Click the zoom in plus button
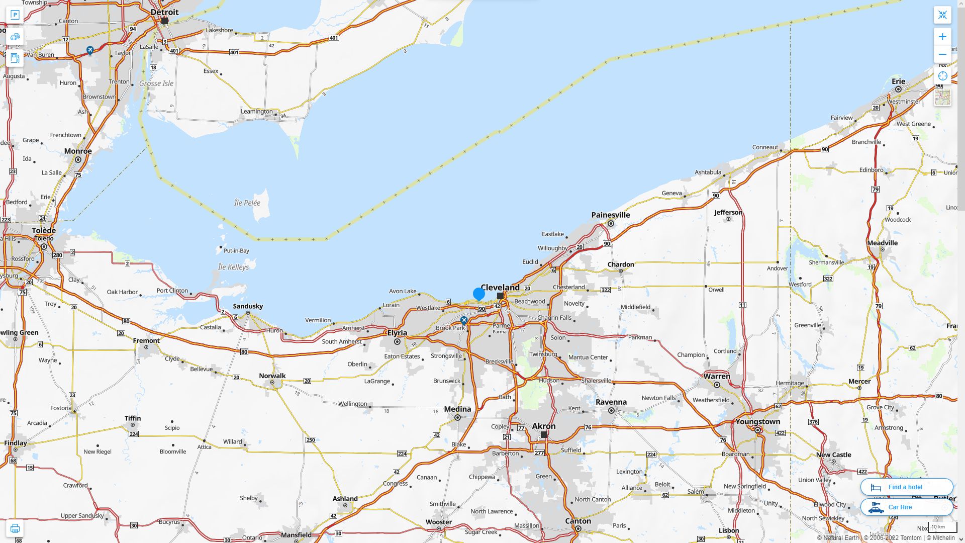[x=942, y=37]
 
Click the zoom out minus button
[x=942, y=54]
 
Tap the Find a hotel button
[x=906, y=487]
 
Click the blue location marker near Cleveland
[x=479, y=294]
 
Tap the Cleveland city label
[x=500, y=287]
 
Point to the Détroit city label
[x=164, y=12]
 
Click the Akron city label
[x=544, y=426]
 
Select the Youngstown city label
[x=757, y=421]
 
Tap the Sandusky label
[x=248, y=306]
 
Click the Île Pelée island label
[x=247, y=203]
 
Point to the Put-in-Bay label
[x=236, y=250]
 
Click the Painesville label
[x=611, y=215]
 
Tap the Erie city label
[x=898, y=81]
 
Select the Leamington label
[x=256, y=111]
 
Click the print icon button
[x=15, y=528]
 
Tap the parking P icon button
[x=15, y=15]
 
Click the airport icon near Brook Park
[x=464, y=320]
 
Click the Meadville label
[x=882, y=242]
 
